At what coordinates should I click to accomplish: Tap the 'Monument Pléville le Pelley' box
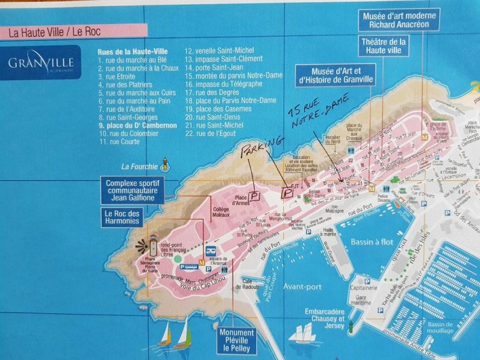233,339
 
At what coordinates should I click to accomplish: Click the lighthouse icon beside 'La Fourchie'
164,164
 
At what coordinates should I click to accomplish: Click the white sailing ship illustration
301,332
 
